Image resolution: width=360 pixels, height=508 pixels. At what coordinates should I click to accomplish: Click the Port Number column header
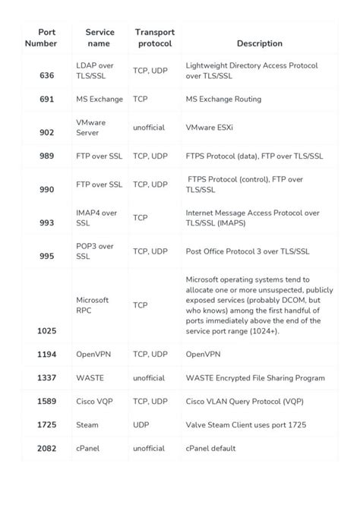click(x=46, y=38)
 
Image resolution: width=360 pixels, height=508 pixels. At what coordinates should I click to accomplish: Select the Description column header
click(x=259, y=44)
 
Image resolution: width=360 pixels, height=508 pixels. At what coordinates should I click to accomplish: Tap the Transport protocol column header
click(x=154, y=38)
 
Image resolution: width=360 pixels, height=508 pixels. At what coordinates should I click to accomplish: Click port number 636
click(x=46, y=76)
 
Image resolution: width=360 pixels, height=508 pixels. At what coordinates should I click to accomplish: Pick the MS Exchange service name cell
click(x=99, y=99)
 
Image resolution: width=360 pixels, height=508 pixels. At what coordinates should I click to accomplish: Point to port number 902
click(x=46, y=133)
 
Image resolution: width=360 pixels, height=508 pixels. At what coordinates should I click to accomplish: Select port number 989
click(x=46, y=156)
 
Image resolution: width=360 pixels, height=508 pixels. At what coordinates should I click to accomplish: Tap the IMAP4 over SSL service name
click(x=96, y=218)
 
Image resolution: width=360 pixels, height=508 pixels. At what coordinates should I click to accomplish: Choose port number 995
click(x=46, y=257)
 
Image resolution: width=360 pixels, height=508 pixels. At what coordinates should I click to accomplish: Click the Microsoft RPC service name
click(x=93, y=304)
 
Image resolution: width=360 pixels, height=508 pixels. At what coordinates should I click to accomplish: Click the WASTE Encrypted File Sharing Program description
click(x=255, y=377)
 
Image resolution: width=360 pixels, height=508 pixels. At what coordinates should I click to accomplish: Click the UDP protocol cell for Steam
click(x=141, y=425)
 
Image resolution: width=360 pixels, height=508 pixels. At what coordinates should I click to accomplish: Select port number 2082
click(x=46, y=449)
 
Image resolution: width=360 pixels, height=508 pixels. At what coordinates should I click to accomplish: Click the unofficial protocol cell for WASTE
click(x=149, y=377)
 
